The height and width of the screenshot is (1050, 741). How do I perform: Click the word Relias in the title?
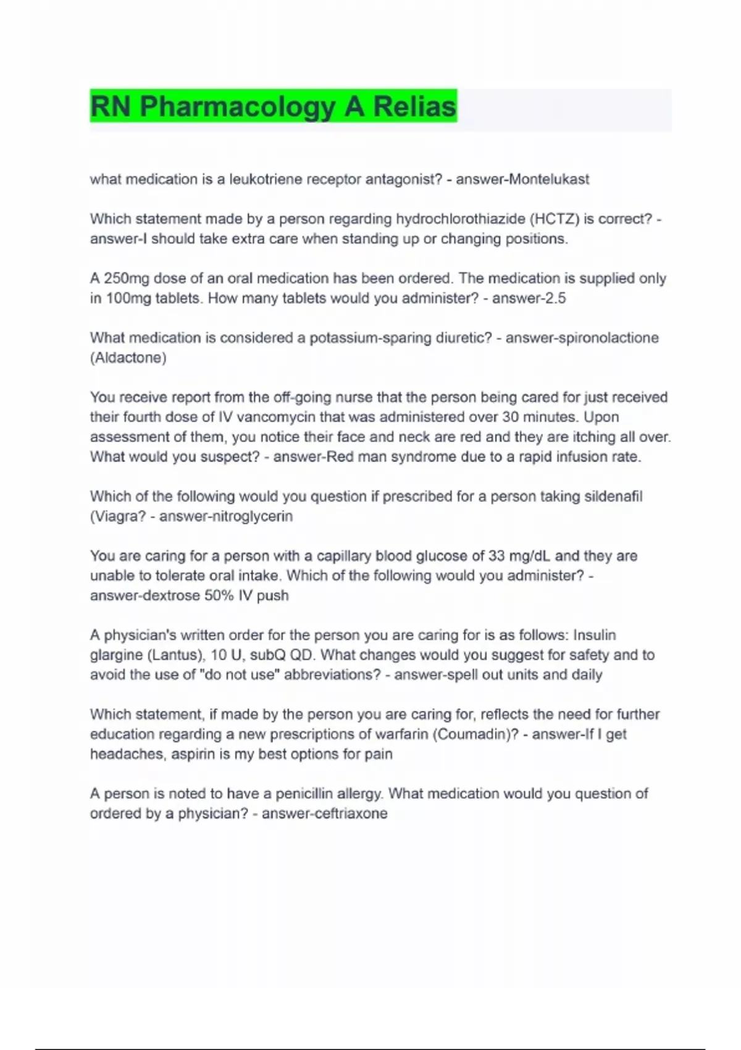pos(414,106)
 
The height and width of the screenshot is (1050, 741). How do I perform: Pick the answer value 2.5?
pos(555,298)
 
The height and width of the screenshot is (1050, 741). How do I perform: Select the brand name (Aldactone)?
pos(128,358)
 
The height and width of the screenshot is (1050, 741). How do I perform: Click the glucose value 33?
pos(496,556)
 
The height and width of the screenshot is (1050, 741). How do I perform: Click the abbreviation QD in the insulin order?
pos(303,655)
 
